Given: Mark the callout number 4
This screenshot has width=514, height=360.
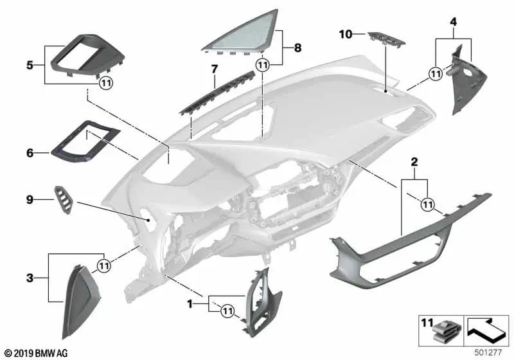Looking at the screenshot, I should point(453,22).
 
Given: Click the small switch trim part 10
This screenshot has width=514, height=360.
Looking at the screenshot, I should point(386,40).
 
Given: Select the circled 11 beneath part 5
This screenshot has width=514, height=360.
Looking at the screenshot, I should point(105,82).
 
